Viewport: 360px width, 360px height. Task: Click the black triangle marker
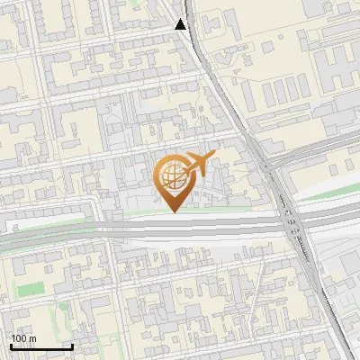point(182,25)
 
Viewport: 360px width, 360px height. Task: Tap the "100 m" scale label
point(23,338)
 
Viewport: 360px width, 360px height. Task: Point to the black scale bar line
point(41,346)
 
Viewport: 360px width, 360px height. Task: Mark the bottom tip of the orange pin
point(173,211)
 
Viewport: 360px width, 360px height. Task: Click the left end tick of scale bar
point(11,346)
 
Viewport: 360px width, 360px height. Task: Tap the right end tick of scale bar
point(72,346)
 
